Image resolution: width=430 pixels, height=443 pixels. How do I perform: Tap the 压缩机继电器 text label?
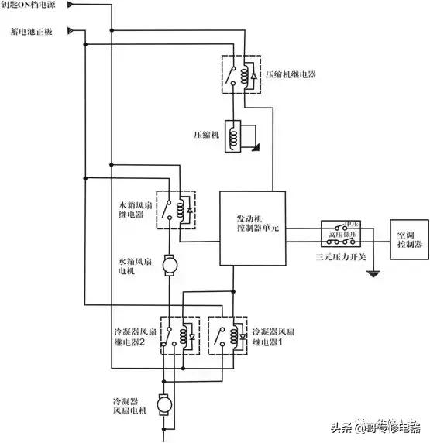[291, 76]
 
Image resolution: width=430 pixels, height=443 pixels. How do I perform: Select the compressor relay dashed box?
[240, 74]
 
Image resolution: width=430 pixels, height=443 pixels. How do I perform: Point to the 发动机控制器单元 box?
[253, 226]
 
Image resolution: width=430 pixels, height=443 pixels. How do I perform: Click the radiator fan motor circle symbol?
[169, 266]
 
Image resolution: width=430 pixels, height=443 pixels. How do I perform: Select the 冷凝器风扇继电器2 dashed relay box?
[181, 335]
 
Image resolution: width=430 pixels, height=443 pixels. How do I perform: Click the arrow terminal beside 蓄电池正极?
[71, 32]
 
